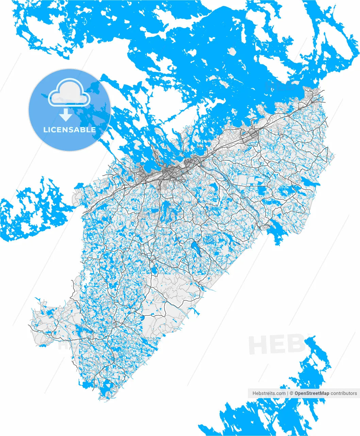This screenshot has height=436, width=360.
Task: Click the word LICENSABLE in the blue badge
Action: coord(69,130)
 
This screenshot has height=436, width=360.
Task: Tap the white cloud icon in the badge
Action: coord(69,92)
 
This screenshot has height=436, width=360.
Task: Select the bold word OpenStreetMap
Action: coord(312,393)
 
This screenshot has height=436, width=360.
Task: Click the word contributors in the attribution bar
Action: coord(344,393)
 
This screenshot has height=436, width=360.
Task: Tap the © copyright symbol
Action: coord(292,393)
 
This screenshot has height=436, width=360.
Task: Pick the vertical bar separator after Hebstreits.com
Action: coord(288,393)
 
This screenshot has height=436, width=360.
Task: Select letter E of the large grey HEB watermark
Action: coord(280,344)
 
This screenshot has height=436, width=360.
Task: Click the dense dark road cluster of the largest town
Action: coord(168,172)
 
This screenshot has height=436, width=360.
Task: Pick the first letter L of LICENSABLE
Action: coord(45,130)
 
